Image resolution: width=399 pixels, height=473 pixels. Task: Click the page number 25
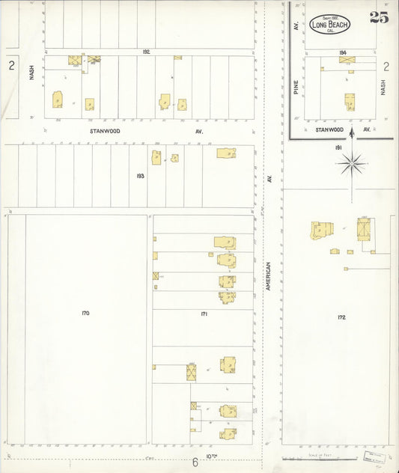click(x=379, y=18)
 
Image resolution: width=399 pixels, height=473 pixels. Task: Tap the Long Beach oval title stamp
click(x=329, y=24)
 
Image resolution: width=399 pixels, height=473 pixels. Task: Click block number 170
click(x=85, y=313)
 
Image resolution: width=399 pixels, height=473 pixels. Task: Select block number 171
click(x=204, y=314)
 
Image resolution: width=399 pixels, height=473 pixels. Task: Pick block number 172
click(x=341, y=317)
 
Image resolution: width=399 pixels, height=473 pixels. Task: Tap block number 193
click(x=140, y=176)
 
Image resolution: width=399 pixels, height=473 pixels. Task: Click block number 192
click(x=147, y=52)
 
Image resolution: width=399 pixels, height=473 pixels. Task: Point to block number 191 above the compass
click(x=338, y=148)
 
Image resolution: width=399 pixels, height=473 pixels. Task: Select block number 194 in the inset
click(x=343, y=52)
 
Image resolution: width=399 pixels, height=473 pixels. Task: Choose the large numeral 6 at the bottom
click(x=195, y=463)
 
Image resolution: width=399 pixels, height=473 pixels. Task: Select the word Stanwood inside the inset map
click(x=329, y=129)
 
